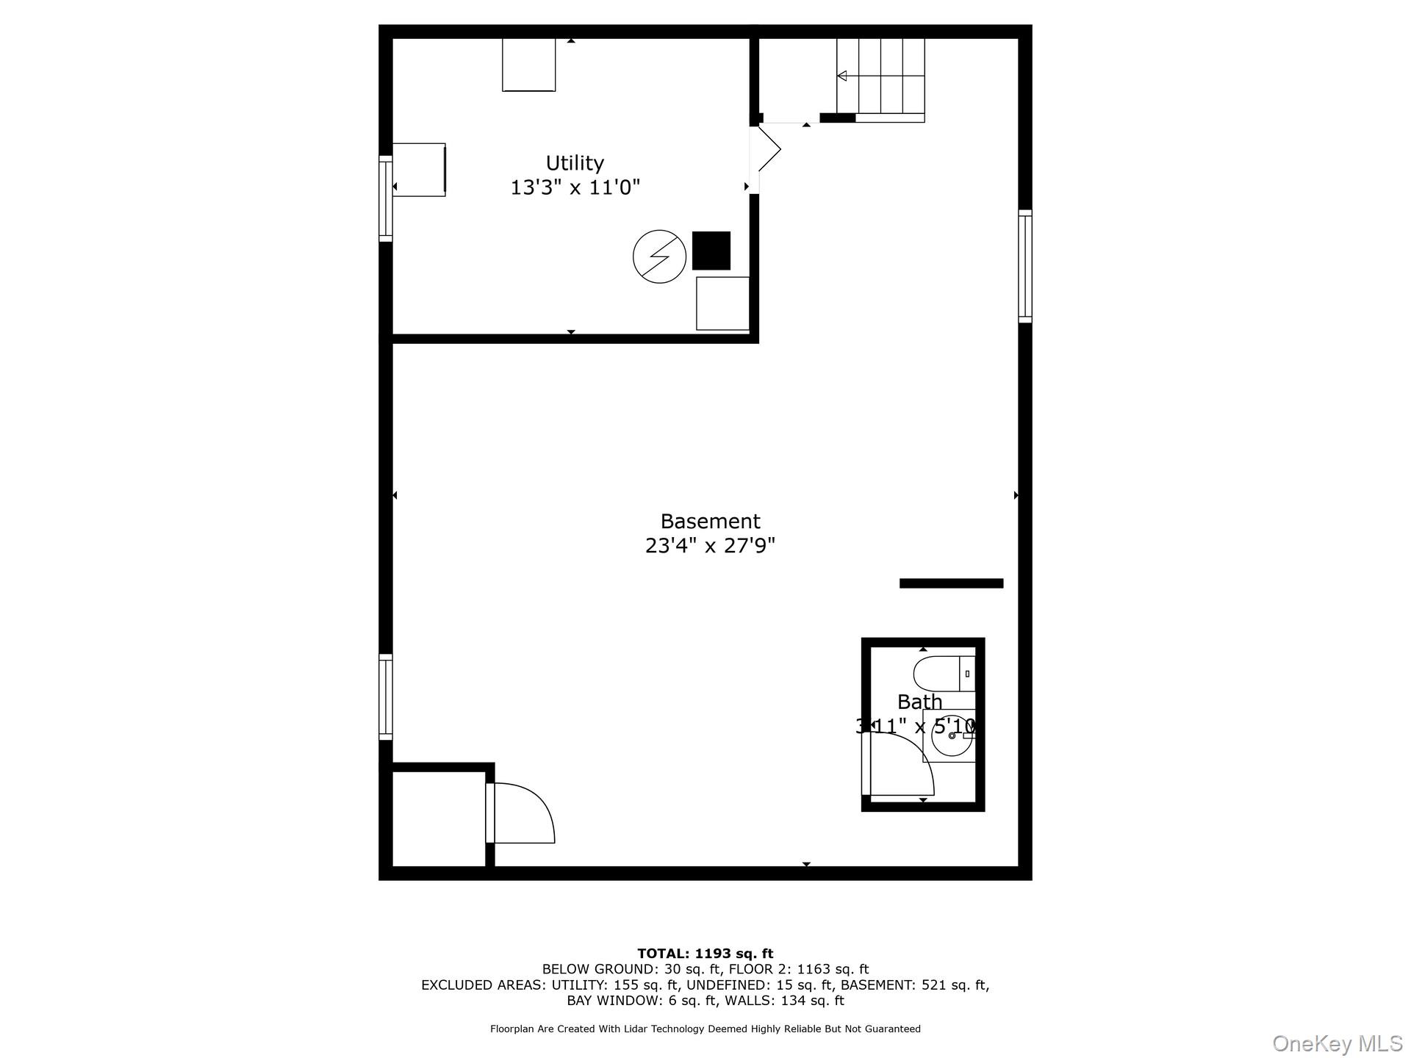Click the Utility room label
[575, 163]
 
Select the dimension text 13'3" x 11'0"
[575, 188]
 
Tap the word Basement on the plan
[710, 522]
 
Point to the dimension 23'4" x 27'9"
[710, 546]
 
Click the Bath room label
[919, 702]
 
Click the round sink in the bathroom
[951, 735]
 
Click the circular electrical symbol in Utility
[659, 256]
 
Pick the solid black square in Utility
[711, 251]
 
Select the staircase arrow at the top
[842, 76]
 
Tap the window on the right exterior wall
[1024, 266]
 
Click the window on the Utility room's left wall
[386, 198]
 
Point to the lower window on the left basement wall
[386, 697]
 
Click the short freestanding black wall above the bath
[951, 583]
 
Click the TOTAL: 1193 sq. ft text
[705, 954]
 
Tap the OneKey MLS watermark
[1337, 1043]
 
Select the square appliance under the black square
[722, 303]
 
